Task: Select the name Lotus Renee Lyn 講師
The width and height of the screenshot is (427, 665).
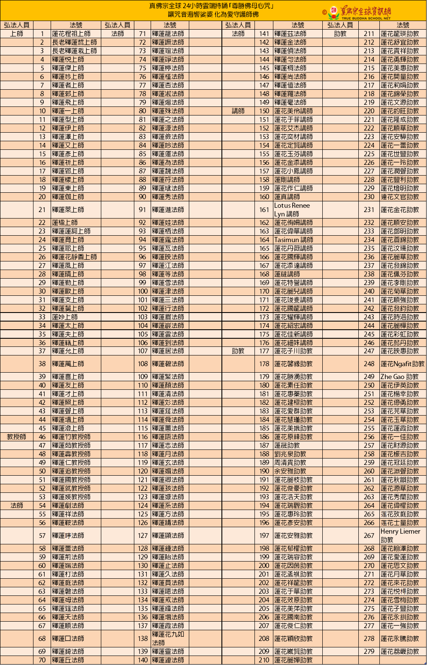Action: (292, 210)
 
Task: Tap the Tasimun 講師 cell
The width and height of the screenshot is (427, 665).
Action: (294, 240)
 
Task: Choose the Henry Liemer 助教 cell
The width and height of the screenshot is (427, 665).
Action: (400, 535)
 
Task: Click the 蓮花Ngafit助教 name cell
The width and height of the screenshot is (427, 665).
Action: (402, 364)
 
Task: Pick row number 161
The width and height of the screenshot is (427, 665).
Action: (264, 210)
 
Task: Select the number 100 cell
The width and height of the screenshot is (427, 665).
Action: (143, 291)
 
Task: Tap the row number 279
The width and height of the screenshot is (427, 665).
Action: (369, 651)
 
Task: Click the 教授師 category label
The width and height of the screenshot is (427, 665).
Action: (17, 437)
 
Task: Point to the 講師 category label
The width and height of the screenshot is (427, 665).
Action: (238, 111)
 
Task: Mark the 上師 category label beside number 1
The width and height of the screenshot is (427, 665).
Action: (17, 33)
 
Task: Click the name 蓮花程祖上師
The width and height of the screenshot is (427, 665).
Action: (71, 33)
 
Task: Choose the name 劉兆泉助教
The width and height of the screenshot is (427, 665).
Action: (290, 454)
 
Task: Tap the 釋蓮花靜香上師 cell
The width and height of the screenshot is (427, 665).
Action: (74, 257)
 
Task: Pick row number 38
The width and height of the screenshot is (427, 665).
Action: (42, 364)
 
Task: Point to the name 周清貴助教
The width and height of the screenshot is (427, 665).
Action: (290, 462)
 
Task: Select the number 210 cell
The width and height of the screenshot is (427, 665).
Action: (264, 660)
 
